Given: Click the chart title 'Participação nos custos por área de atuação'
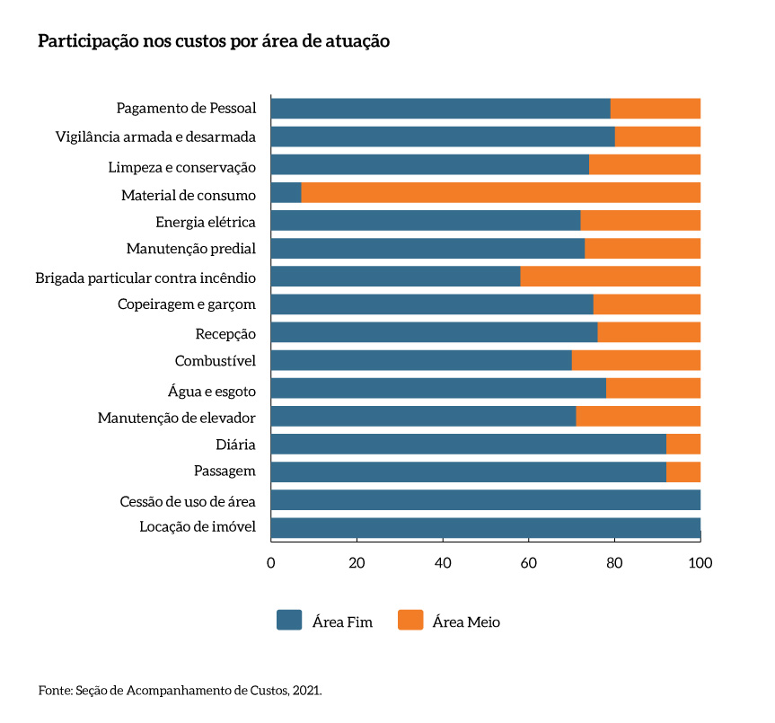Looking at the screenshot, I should (214, 42).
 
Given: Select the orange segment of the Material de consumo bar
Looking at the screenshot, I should (500, 193).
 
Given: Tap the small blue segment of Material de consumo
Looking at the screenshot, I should (286, 193).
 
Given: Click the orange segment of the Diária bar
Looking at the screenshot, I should (683, 445).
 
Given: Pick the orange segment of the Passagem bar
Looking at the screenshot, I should (683, 472).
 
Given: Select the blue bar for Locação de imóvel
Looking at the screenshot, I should (485, 528).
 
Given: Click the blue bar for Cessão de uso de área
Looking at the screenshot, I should (485, 500).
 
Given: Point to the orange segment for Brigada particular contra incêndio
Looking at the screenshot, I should (610, 277).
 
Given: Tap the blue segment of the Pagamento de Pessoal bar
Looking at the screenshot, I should (440, 109).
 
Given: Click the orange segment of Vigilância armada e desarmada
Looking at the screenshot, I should (657, 137).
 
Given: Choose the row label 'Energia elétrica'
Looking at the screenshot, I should (206, 222).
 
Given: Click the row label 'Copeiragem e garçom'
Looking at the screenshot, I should (187, 304).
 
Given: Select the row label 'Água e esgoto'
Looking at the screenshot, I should (212, 391).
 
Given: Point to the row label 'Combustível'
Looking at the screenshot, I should (216, 361).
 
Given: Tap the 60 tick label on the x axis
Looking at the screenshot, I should (528, 563).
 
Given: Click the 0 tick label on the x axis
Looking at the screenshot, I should (270, 563).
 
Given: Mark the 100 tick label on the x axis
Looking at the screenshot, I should (700, 563).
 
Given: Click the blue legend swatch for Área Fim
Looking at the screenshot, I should (289, 620).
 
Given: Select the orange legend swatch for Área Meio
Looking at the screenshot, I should (410, 620).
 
